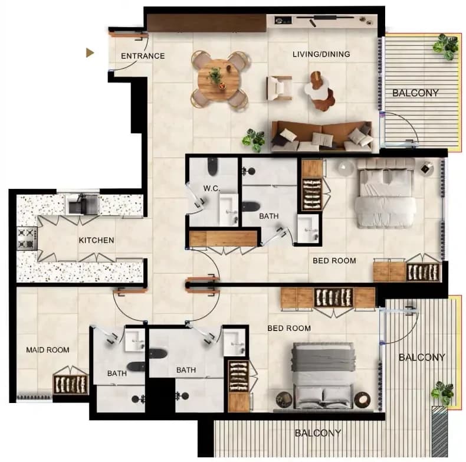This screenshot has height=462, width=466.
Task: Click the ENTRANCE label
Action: tap(143, 56)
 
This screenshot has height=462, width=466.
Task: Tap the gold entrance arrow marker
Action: tap(90, 53)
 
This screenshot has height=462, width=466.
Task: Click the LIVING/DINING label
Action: tap(321, 54)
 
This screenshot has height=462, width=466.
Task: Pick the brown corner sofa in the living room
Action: tap(322, 136)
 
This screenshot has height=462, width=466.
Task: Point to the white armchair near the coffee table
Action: tap(280, 88)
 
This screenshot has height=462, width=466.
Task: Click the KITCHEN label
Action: tap(96, 240)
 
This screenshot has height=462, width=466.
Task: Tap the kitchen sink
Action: tap(83, 204)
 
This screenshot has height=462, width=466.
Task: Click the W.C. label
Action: tap(212, 188)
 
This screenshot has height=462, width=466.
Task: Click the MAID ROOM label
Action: tap(48, 350)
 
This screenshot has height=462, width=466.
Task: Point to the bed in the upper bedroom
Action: tap(385, 194)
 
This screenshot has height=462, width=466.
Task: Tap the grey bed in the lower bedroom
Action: tap(323, 376)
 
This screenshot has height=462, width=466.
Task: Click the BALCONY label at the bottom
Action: tap(318, 433)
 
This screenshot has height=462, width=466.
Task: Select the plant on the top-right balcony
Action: tap(445, 46)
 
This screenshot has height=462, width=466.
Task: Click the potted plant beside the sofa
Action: tap(254, 140)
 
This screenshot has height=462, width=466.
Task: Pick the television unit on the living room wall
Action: tap(322, 20)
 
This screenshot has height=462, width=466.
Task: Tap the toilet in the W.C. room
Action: tap(212, 167)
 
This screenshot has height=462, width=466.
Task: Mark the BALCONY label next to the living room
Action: tap(415, 93)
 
